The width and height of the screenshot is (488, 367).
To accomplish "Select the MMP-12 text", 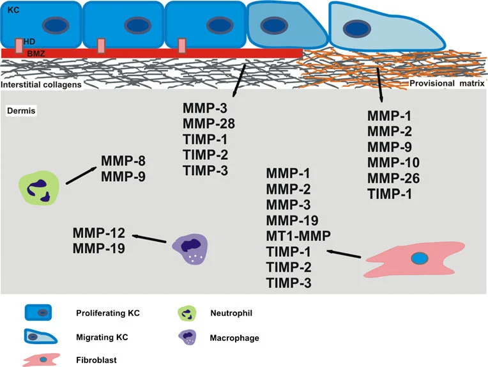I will [x=100, y=232].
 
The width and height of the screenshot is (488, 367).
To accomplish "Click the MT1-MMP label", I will [x=298, y=236].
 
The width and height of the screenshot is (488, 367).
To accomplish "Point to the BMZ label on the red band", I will [x=36, y=52].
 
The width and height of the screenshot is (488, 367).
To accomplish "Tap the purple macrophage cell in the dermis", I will [x=190, y=247].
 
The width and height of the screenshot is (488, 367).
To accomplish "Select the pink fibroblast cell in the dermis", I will [x=416, y=259].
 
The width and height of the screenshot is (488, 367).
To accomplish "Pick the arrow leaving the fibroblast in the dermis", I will [x=344, y=254].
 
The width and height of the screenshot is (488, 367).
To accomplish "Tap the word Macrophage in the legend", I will [x=234, y=337].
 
